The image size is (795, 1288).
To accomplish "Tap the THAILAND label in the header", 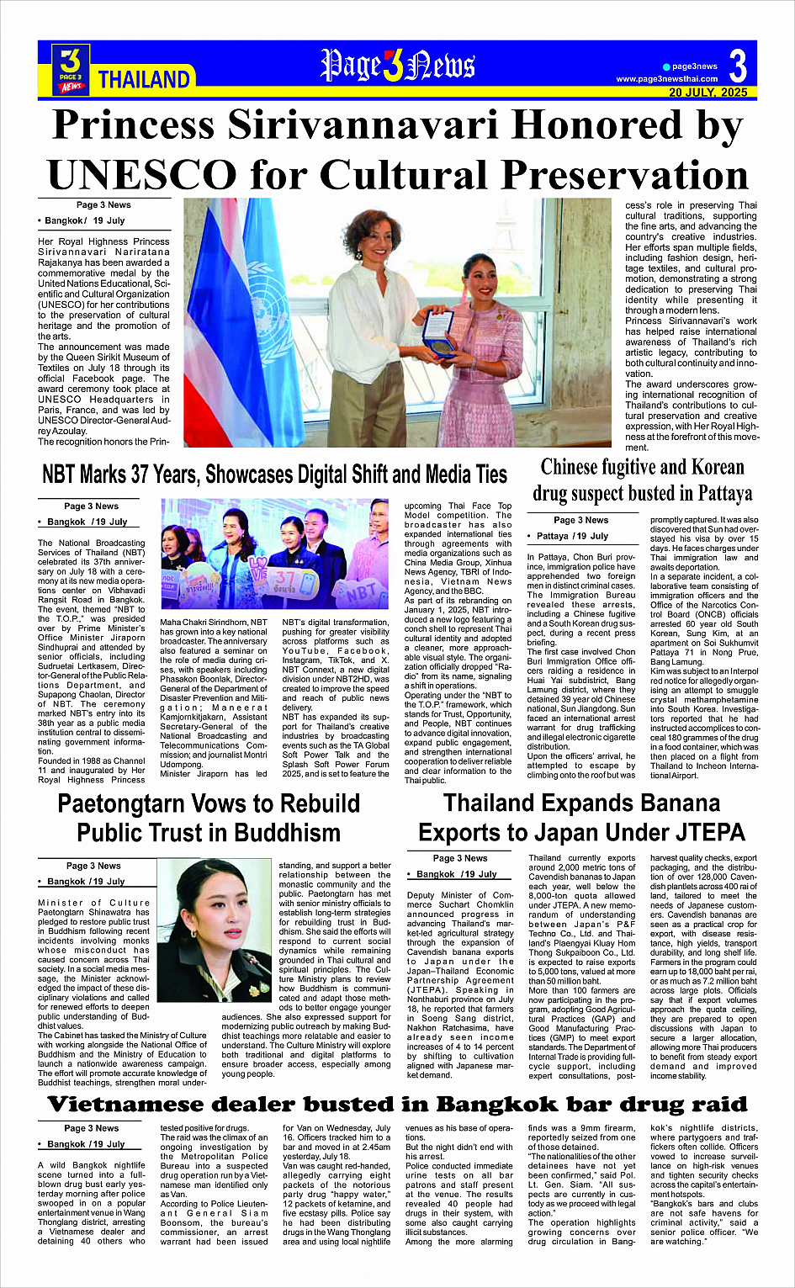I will click(144, 80).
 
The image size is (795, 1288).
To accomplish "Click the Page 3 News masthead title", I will click(397, 66).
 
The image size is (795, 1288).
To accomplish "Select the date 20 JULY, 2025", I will click(708, 93).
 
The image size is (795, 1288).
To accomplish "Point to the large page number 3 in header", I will click(737, 66).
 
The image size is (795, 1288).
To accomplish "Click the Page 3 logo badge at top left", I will click(71, 68).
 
